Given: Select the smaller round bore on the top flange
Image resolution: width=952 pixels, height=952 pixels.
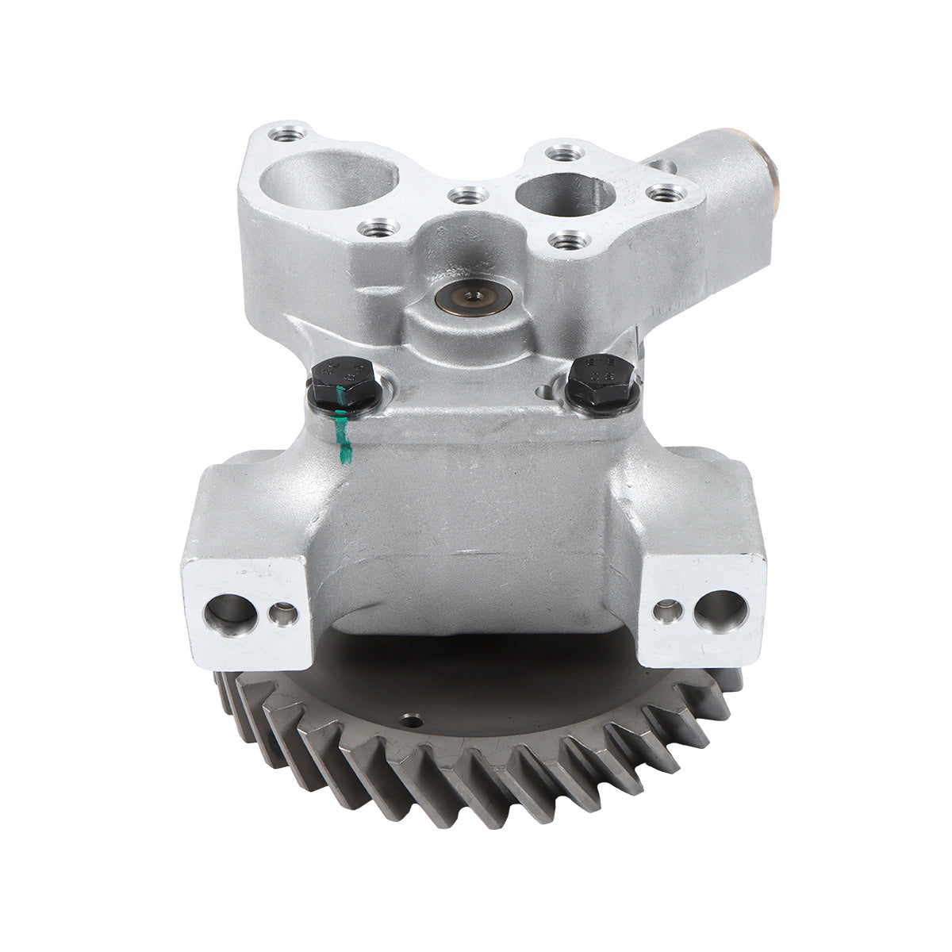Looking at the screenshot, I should [564, 194].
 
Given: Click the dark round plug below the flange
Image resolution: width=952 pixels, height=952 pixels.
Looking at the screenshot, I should [474, 297].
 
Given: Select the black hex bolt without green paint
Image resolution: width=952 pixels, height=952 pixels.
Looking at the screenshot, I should [602, 381].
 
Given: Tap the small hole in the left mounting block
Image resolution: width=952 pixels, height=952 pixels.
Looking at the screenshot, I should [282, 613].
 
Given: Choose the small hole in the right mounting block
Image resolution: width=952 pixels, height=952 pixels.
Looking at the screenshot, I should [666, 611].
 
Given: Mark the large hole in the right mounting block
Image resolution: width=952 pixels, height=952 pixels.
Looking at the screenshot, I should [720, 610].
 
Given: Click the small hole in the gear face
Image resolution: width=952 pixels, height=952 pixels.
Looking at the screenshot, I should [411, 721].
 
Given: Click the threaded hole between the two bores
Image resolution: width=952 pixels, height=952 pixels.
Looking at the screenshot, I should [467, 194].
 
